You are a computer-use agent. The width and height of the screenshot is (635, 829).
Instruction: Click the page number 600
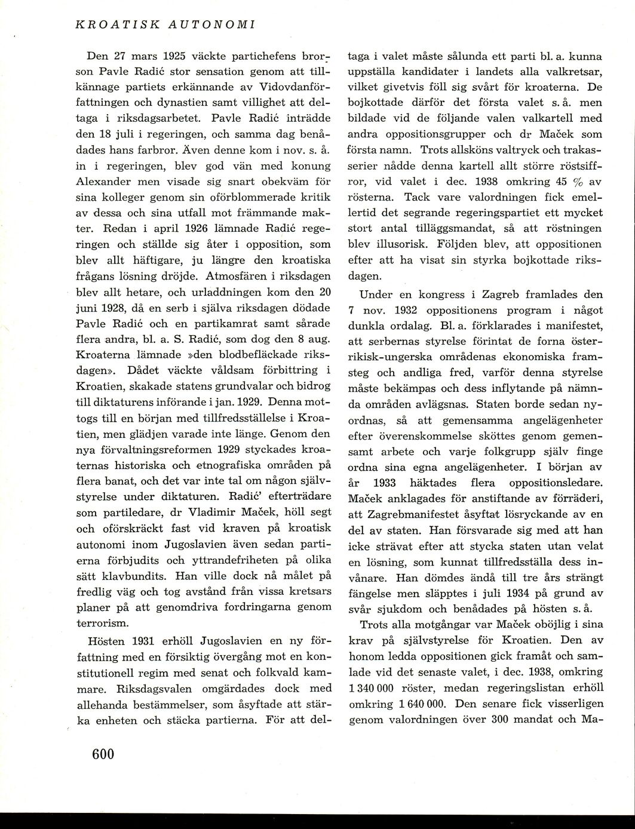point(103,754)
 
